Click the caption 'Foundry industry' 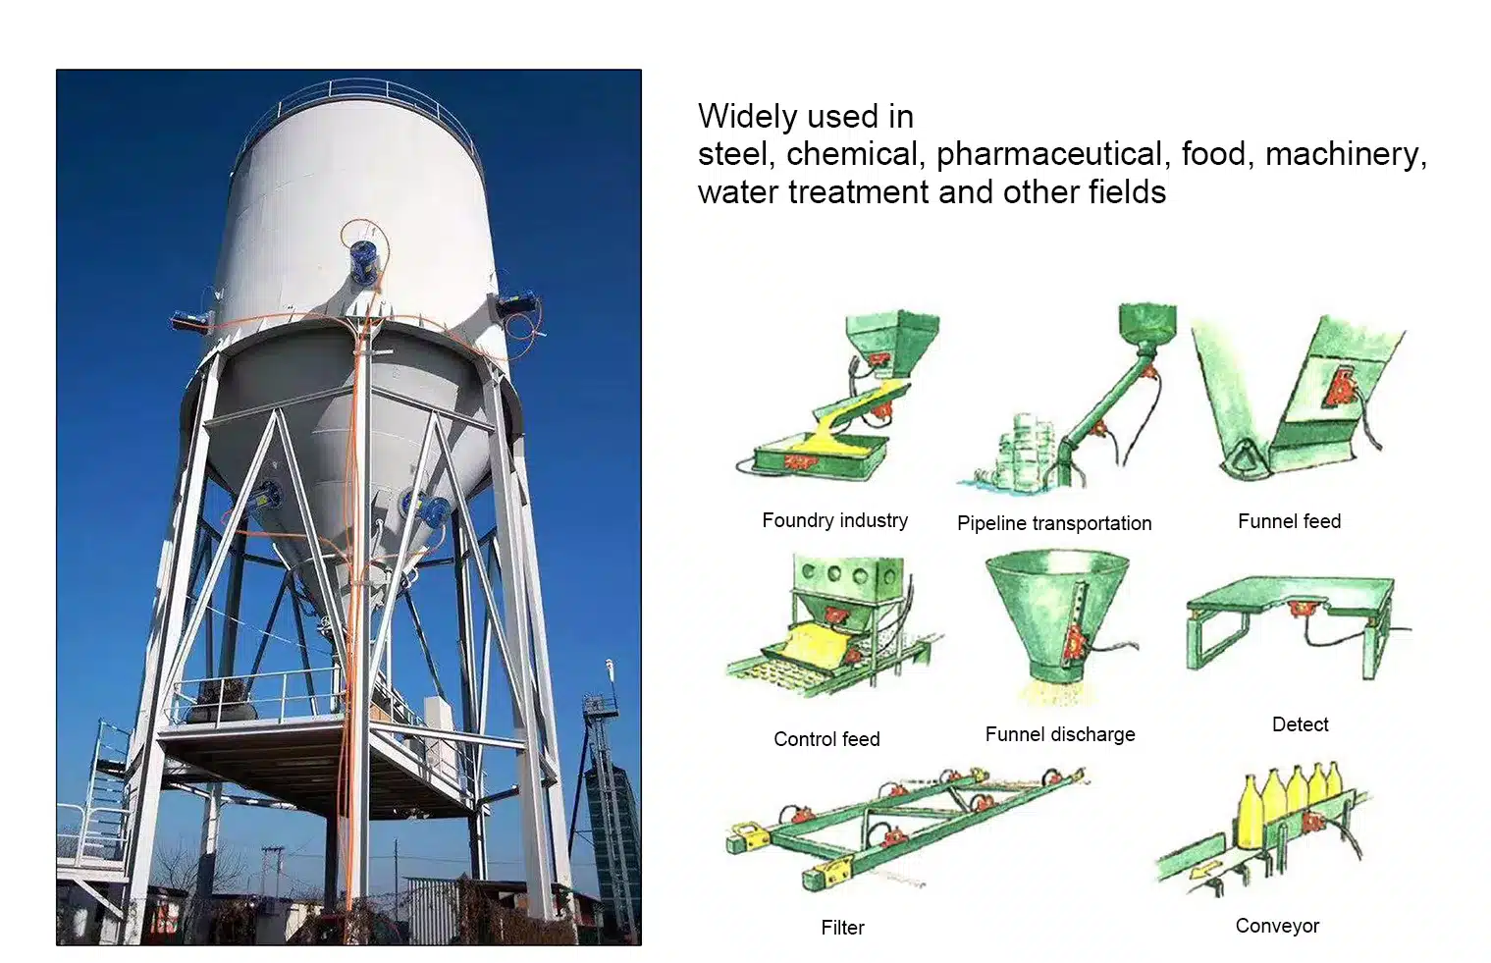[x=834, y=520]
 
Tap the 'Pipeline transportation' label [x=1054, y=523]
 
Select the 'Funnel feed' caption [x=1290, y=521]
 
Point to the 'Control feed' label [x=826, y=739]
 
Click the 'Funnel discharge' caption [x=1060, y=734]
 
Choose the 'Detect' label [x=1300, y=724]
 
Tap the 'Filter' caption [x=843, y=927]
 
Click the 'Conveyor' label [x=1277, y=926]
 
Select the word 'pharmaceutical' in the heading [x=1049, y=155]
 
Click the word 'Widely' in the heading [x=747, y=117]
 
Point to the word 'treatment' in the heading [x=858, y=192]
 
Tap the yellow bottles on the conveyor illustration [x=1288, y=804]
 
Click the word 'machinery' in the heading [x=1345, y=155]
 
